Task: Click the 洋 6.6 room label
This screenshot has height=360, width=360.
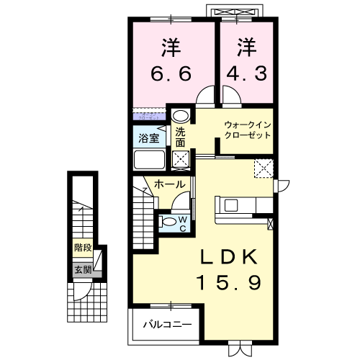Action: coord(171,60)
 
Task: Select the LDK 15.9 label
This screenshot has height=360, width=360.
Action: coord(229,269)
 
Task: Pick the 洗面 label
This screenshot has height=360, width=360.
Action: coord(180,137)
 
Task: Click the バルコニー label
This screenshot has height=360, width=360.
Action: coord(166,325)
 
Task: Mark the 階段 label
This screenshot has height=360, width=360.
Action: coord(82,248)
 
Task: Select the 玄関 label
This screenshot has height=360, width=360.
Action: coord(82,270)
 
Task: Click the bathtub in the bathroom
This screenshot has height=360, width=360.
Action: coord(150,159)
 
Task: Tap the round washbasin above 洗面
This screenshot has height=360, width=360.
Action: coord(181,115)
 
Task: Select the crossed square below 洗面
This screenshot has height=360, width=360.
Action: coord(180,160)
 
